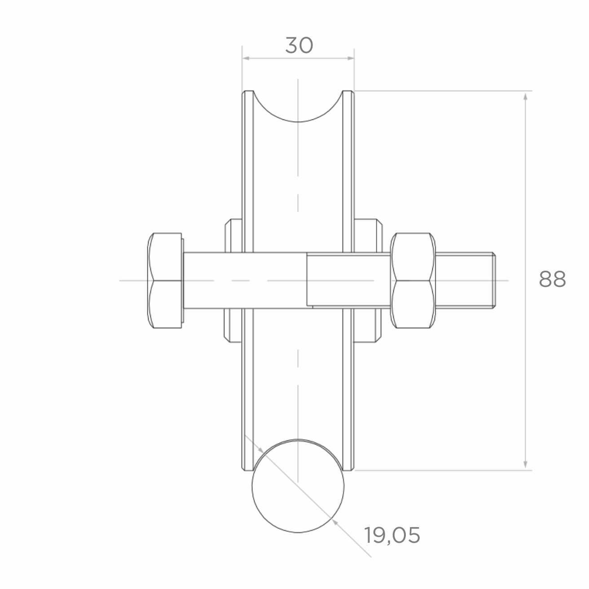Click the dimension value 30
click(x=299, y=45)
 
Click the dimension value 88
click(x=552, y=279)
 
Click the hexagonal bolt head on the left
click(x=165, y=281)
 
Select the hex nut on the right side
click(x=413, y=281)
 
